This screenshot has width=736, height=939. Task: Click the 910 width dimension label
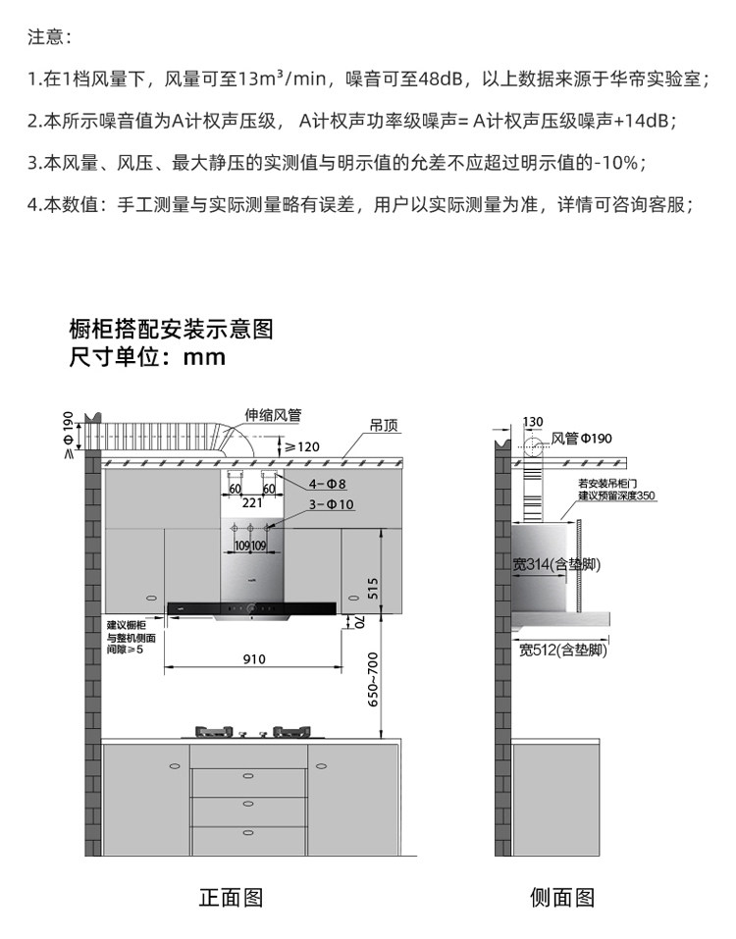[x=254, y=658]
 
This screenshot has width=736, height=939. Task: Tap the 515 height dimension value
[x=372, y=587]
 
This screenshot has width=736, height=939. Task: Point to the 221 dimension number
[x=253, y=502]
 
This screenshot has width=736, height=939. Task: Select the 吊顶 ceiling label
[x=384, y=426]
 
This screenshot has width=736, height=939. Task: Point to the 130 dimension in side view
[x=533, y=422]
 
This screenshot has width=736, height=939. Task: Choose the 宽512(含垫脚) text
[x=562, y=650]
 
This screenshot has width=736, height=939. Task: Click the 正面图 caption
[x=232, y=897]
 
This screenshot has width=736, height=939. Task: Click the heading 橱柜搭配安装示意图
[x=170, y=329]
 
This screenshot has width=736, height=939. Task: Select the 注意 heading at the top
[x=49, y=37]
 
